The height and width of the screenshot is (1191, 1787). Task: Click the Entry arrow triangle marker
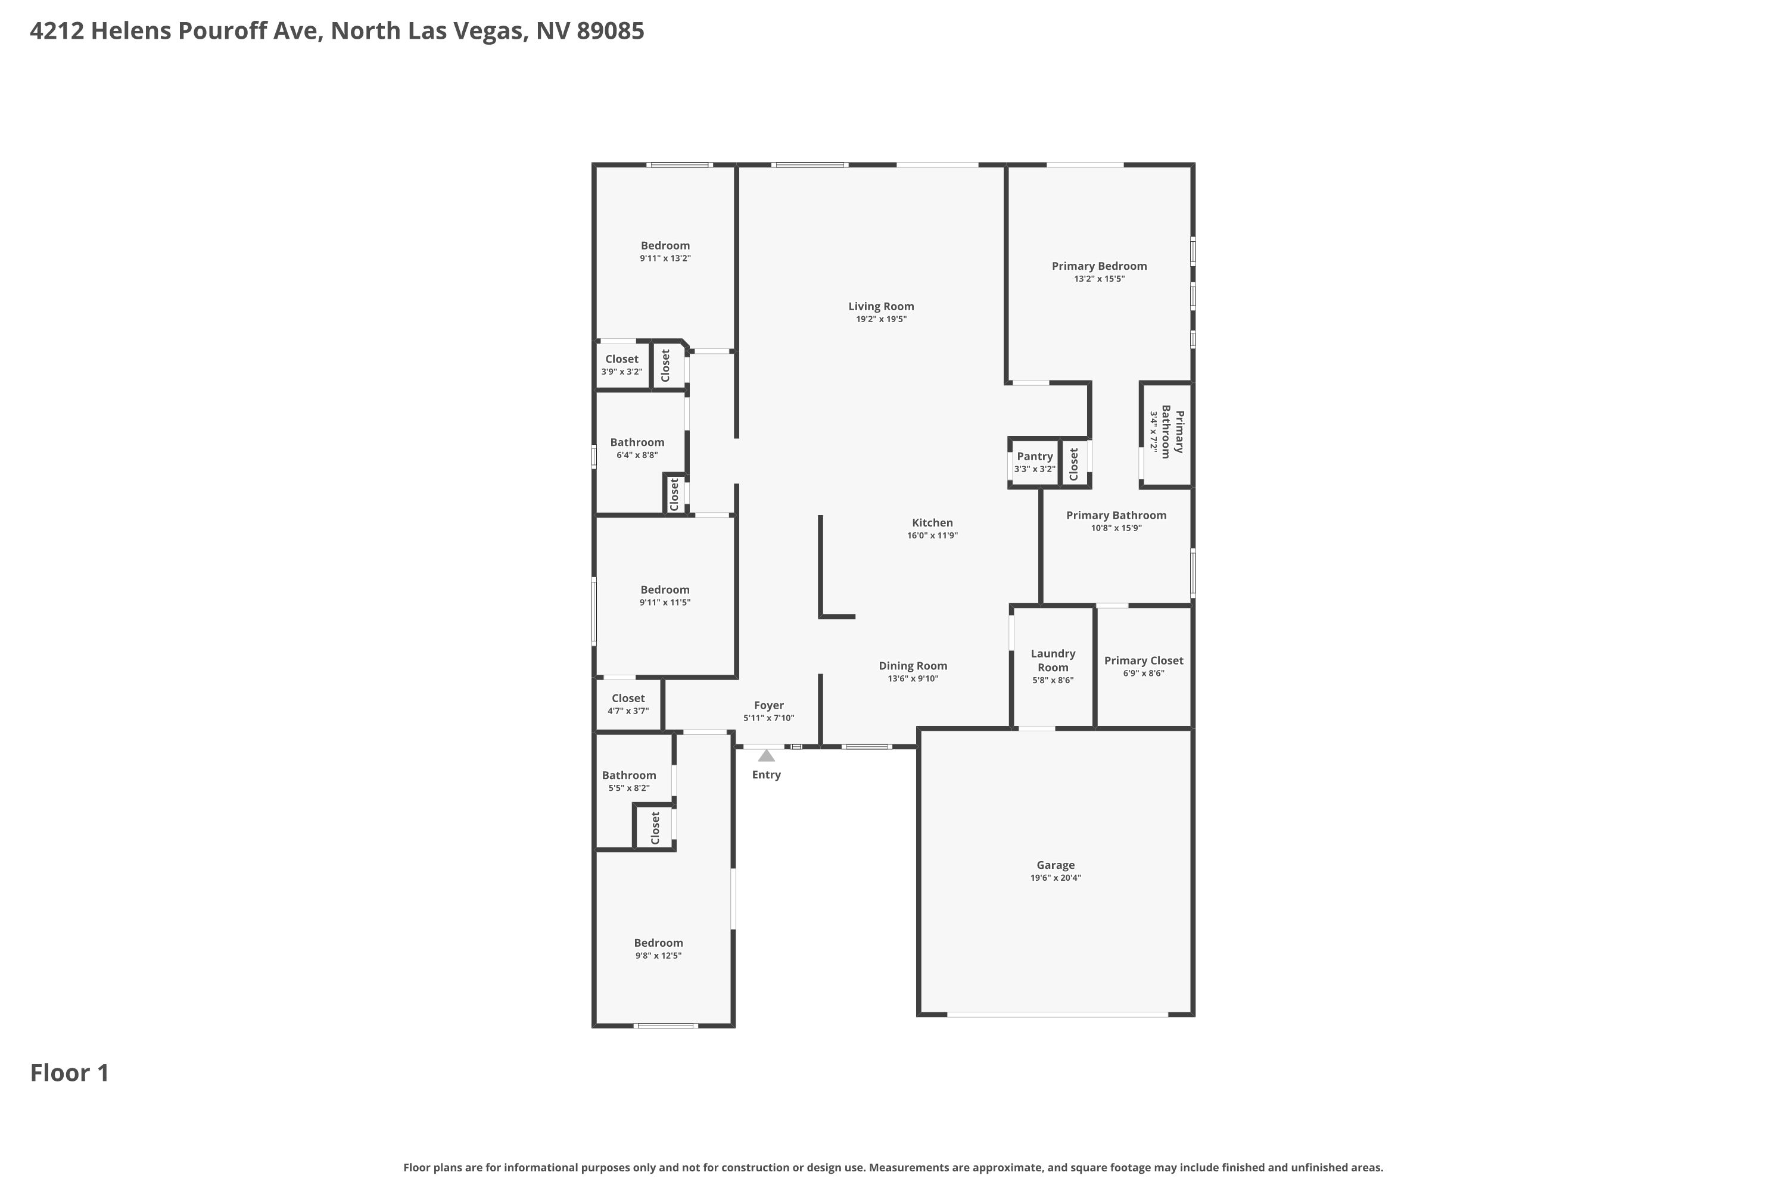coord(766,756)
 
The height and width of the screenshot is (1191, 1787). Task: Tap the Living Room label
coord(882,306)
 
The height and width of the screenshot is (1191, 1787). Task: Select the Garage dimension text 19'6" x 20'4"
coord(1056,878)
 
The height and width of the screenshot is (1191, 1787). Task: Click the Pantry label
coord(1035,457)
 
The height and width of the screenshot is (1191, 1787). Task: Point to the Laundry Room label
coord(1053,660)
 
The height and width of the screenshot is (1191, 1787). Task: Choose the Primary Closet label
coord(1144,661)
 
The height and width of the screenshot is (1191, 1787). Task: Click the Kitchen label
coord(932,523)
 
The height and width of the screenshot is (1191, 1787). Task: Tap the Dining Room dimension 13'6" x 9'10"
coord(913,679)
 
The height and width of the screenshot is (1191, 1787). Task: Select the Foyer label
coord(769,706)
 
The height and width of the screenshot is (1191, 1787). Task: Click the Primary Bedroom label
coord(1100,266)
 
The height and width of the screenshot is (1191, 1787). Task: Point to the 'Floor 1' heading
coord(70,1072)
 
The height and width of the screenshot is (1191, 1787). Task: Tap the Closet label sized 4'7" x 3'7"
coord(628,698)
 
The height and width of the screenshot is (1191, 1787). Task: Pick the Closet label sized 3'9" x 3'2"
coord(621,359)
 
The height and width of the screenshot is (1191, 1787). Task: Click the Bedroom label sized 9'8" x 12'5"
coord(659,943)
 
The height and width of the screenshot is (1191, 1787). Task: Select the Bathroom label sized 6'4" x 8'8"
coord(637,442)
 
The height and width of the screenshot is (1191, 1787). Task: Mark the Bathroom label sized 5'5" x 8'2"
coord(629,775)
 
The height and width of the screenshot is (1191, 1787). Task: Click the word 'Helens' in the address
coord(132,31)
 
